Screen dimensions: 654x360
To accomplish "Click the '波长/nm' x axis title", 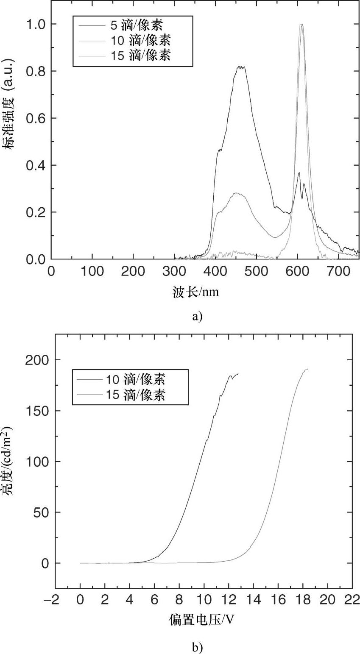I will (195, 292).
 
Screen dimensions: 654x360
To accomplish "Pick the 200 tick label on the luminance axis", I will (39, 360).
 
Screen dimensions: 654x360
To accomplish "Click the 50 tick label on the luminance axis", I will (42, 512).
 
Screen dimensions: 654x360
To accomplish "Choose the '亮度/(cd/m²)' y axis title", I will (9, 461).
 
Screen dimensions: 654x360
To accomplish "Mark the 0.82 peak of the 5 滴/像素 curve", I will (240, 67).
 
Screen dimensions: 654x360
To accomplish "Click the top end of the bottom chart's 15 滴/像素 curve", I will (307, 369).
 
